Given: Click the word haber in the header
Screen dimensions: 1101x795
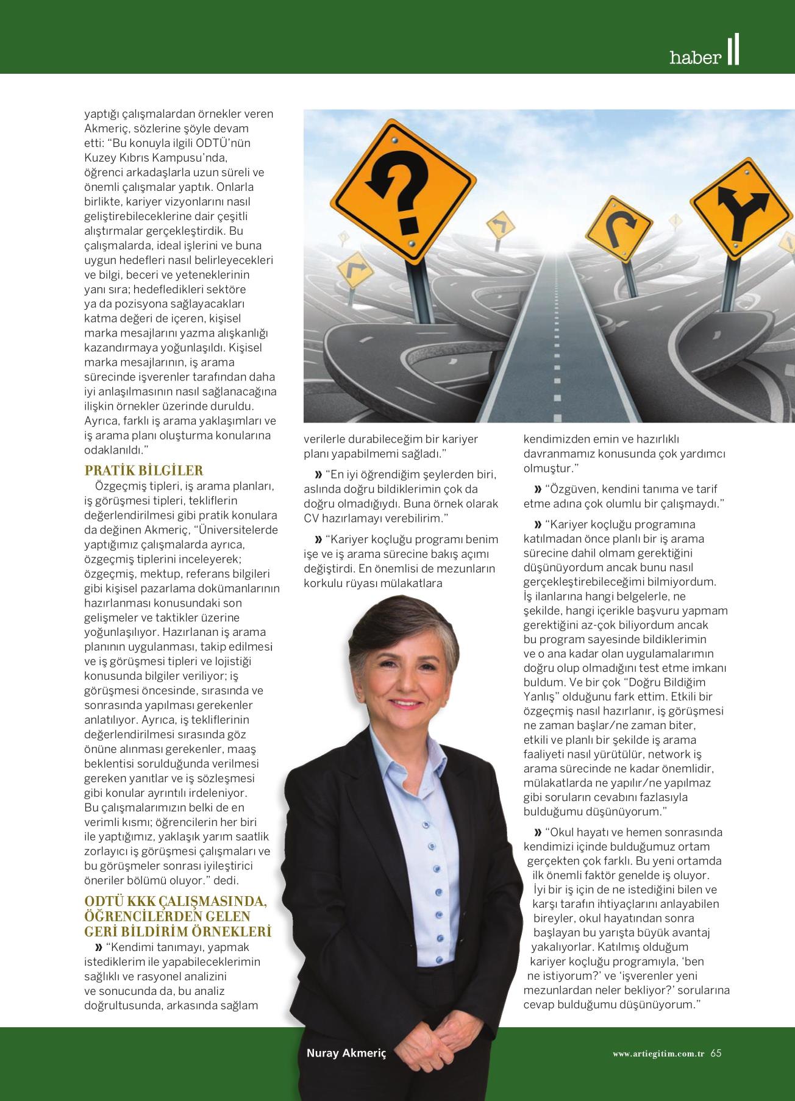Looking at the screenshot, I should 695,58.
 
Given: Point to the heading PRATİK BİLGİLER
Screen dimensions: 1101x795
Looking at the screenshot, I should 144,471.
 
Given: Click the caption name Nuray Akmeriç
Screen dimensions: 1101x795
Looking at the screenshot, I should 346,1053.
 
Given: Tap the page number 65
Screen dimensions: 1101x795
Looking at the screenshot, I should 716,1053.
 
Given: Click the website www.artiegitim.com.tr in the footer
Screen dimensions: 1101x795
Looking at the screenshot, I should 658,1053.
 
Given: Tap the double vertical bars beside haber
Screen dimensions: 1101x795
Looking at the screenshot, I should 733,51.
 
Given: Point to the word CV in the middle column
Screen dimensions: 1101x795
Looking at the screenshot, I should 312,518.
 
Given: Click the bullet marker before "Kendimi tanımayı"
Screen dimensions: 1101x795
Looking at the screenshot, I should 98,947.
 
